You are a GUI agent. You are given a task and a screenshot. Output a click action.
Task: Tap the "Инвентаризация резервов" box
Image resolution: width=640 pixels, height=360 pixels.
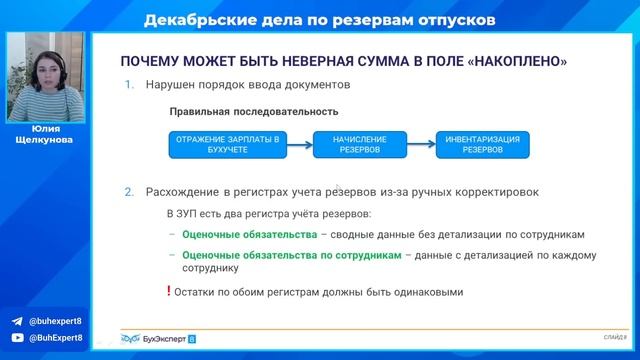(488, 144)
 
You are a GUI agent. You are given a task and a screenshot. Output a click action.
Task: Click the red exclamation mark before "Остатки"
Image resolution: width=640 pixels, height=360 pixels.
(168, 291)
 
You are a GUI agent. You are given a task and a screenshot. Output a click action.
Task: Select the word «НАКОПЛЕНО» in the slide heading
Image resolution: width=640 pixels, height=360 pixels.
(512, 61)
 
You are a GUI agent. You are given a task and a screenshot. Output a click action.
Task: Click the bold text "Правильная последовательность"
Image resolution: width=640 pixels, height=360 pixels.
(239, 112)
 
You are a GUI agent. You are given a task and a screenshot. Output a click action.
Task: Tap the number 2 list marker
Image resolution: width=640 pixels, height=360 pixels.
(129, 191)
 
